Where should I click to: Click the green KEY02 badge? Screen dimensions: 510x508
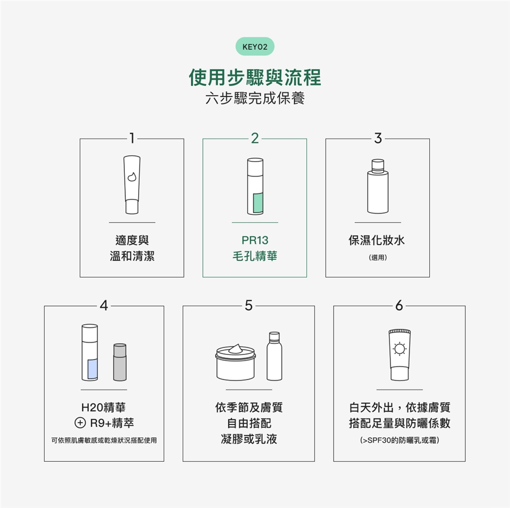pyautogui.click(x=254, y=47)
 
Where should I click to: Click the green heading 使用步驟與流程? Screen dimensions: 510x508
pyautogui.click(x=254, y=78)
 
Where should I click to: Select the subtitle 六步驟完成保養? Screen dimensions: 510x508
pyautogui.click(x=254, y=98)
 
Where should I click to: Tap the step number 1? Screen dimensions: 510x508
pyautogui.click(x=132, y=138)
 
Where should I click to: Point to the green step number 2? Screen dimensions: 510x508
pyautogui.click(x=254, y=138)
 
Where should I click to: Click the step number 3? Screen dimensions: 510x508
pyautogui.click(x=378, y=138)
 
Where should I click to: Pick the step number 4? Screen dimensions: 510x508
pyautogui.click(x=104, y=305)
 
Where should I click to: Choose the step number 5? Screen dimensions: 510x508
pyautogui.click(x=249, y=305)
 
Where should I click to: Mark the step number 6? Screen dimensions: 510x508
pyautogui.click(x=399, y=305)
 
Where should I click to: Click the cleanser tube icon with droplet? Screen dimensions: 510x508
pyautogui.click(x=132, y=184)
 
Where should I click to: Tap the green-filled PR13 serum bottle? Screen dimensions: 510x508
pyautogui.click(x=255, y=186)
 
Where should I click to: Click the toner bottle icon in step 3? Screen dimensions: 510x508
pyautogui.click(x=378, y=186)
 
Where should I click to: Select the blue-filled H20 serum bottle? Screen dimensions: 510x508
pyautogui.click(x=90, y=352)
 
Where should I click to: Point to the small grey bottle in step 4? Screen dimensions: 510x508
pyautogui.click(x=120, y=362)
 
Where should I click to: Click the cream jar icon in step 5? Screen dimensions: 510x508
pyautogui.click(x=235, y=362)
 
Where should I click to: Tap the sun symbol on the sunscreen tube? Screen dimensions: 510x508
pyautogui.click(x=399, y=349)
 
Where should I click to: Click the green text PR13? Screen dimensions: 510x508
pyautogui.click(x=254, y=240)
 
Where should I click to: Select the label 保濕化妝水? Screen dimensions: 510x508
pyautogui.click(x=377, y=240)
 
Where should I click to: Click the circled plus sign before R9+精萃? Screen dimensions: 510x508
pyautogui.click(x=80, y=423)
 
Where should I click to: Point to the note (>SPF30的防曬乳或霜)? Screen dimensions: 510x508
pyautogui.click(x=399, y=441)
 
